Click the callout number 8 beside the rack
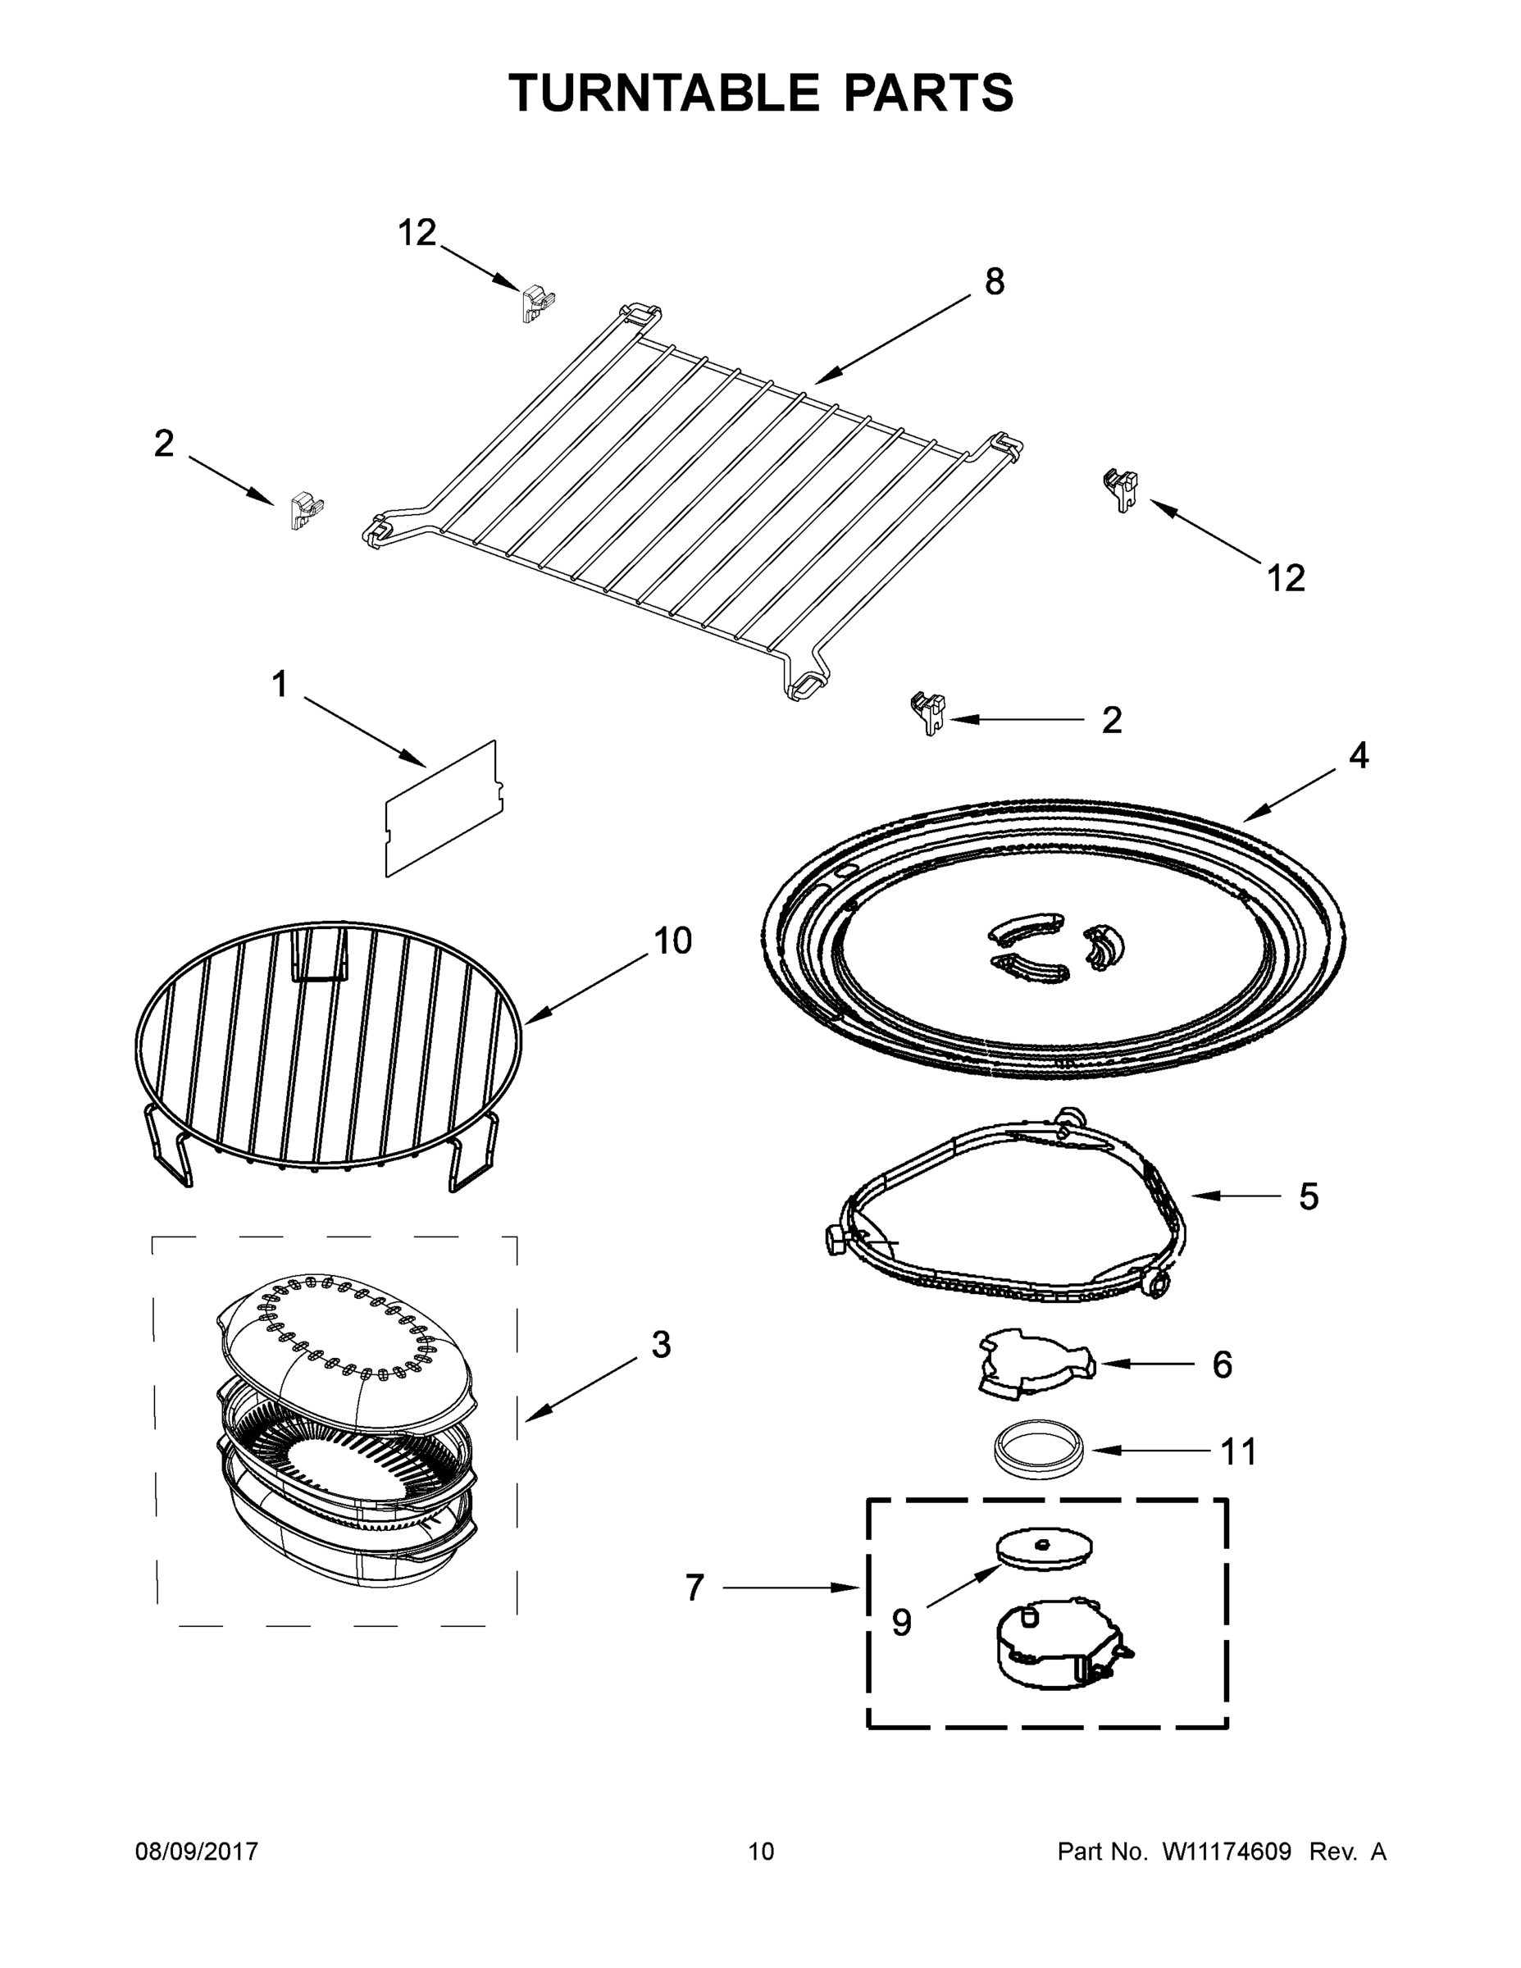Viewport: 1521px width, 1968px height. point(994,282)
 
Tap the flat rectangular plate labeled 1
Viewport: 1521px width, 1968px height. point(443,808)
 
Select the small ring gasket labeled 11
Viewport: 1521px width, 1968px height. point(1041,1450)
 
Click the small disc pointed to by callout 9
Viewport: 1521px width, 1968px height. point(1045,1549)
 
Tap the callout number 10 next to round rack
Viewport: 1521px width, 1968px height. point(672,941)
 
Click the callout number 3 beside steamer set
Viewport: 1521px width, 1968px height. point(661,1346)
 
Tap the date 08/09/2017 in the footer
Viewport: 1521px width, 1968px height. point(197,1851)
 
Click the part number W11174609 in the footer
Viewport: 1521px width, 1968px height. point(1227,1851)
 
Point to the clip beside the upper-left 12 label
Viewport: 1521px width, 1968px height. point(537,303)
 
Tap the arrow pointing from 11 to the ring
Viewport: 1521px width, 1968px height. point(1150,1451)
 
